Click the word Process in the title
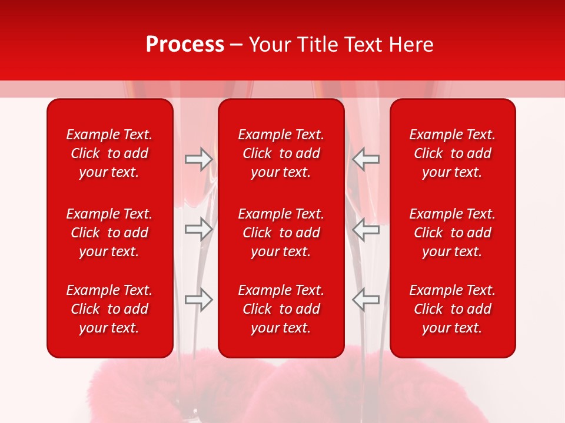point(185,45)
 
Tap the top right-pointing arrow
point(199,159)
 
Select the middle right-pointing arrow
point(199,229)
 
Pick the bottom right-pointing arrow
point(199,299)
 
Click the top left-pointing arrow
point(366,159)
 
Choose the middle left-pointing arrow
point(366,229)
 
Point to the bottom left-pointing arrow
point(366,299)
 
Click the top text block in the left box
point(109,153)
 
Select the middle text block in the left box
point(109,233)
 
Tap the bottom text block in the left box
point(109,309)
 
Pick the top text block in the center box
point(281,153)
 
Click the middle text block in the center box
point(281,233)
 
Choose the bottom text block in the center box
point(281,309)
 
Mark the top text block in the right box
point(452,153)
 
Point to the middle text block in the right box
point(452,233)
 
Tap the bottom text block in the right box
point(452,309)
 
